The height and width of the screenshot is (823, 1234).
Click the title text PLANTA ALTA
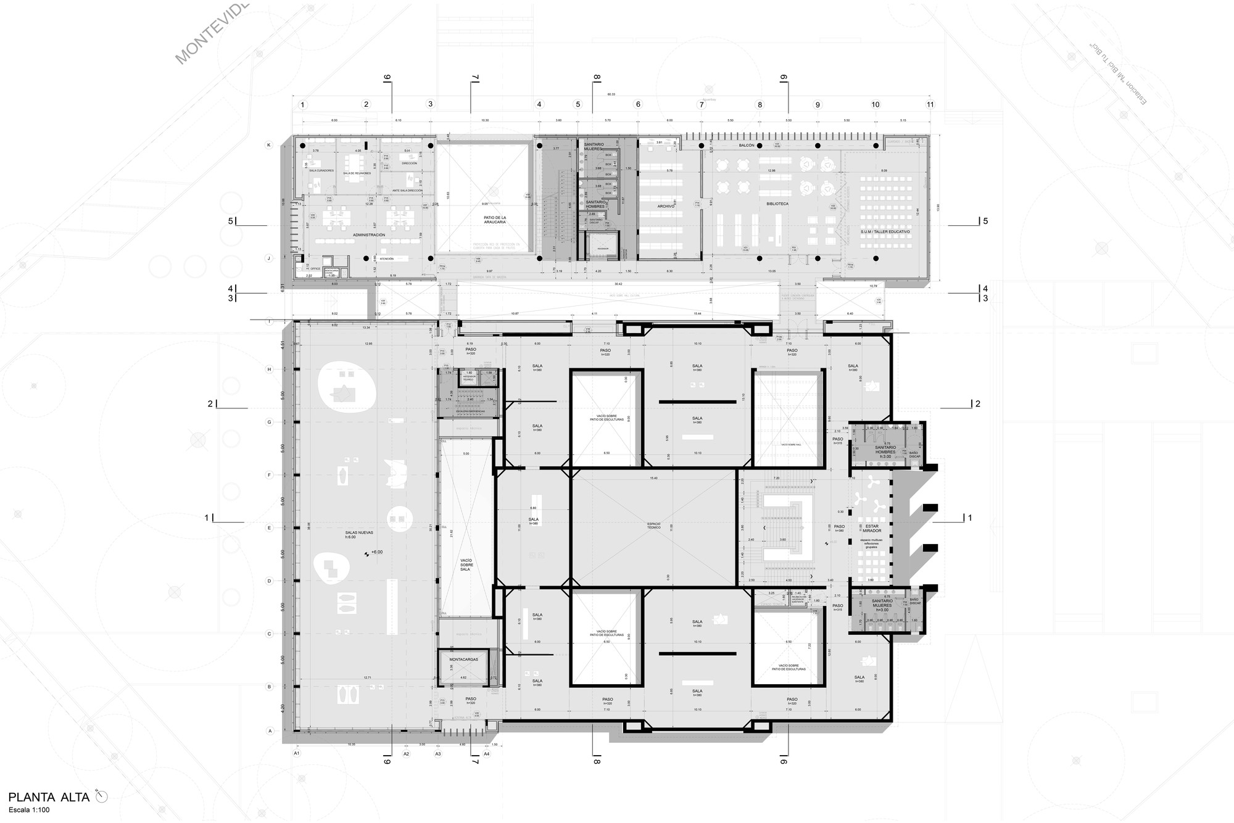(x=49, y=796)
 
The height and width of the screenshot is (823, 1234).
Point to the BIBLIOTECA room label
(x=777, y=204)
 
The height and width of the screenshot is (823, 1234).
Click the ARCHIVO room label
(x=666, y=206)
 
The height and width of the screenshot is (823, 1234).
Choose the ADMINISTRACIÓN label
(x=368, y=235)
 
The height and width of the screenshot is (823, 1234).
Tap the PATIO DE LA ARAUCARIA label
(x=495, y=220)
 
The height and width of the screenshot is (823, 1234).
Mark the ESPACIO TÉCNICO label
(x=654, y=525)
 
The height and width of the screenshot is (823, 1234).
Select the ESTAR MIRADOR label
(x=872, y=528)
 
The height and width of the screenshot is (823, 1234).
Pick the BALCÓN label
(x=747, y=146)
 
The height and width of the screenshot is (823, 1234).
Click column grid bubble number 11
(x=930, y=105)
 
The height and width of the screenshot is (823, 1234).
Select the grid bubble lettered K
(x=268, y=145)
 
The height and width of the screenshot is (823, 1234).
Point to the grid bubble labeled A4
(x=487, y=753)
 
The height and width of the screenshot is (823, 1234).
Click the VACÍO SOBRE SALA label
(x=466, y=565)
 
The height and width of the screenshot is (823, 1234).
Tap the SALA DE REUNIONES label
(x=357, y=173)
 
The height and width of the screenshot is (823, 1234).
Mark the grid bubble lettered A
(x=270, y=731)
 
